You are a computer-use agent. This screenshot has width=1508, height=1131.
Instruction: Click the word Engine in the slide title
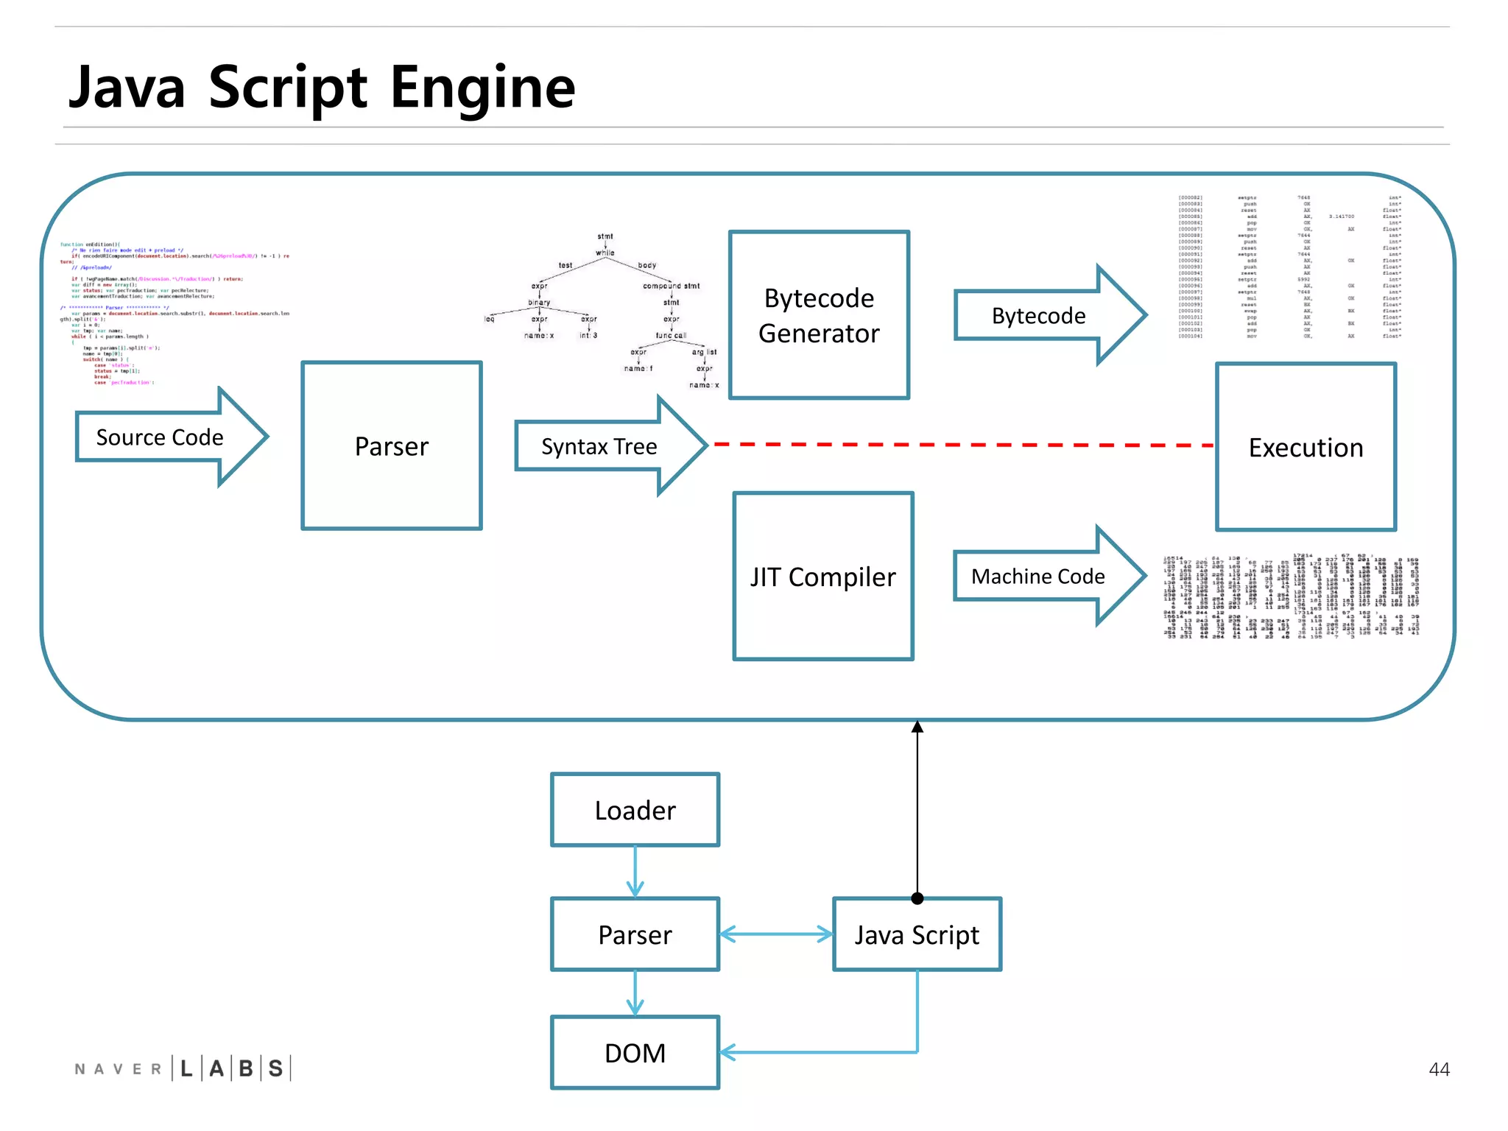pos(482,88)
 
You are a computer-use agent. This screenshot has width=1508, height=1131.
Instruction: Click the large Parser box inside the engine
pos(392,446)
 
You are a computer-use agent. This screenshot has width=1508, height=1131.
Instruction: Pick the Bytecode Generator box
pos(819,315)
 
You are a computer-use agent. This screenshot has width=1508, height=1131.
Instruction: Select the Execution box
pos(1306,447)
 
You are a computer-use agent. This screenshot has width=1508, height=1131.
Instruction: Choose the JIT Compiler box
pos(823,577)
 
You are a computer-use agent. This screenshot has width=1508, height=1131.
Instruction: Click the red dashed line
pos(957,445)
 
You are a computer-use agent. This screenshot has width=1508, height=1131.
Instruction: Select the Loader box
pos(635,810)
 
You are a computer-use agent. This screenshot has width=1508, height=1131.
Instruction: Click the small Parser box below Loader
pos(635,934)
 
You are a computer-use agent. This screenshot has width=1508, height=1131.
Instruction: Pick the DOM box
pos(635,1053)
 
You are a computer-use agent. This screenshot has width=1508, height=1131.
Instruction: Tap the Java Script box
pos(917,934)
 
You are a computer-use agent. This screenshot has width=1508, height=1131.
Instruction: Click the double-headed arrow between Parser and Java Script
pos(775,935)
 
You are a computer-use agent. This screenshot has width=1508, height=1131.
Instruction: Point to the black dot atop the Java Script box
pos(917,898)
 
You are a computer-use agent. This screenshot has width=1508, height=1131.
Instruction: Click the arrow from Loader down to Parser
pos(635,873)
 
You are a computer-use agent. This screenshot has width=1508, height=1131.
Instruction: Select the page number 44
pos(1439,1069)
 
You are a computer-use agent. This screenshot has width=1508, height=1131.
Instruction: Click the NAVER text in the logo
pos(118,1069)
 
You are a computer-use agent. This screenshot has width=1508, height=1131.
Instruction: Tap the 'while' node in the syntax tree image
pos(605,253)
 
